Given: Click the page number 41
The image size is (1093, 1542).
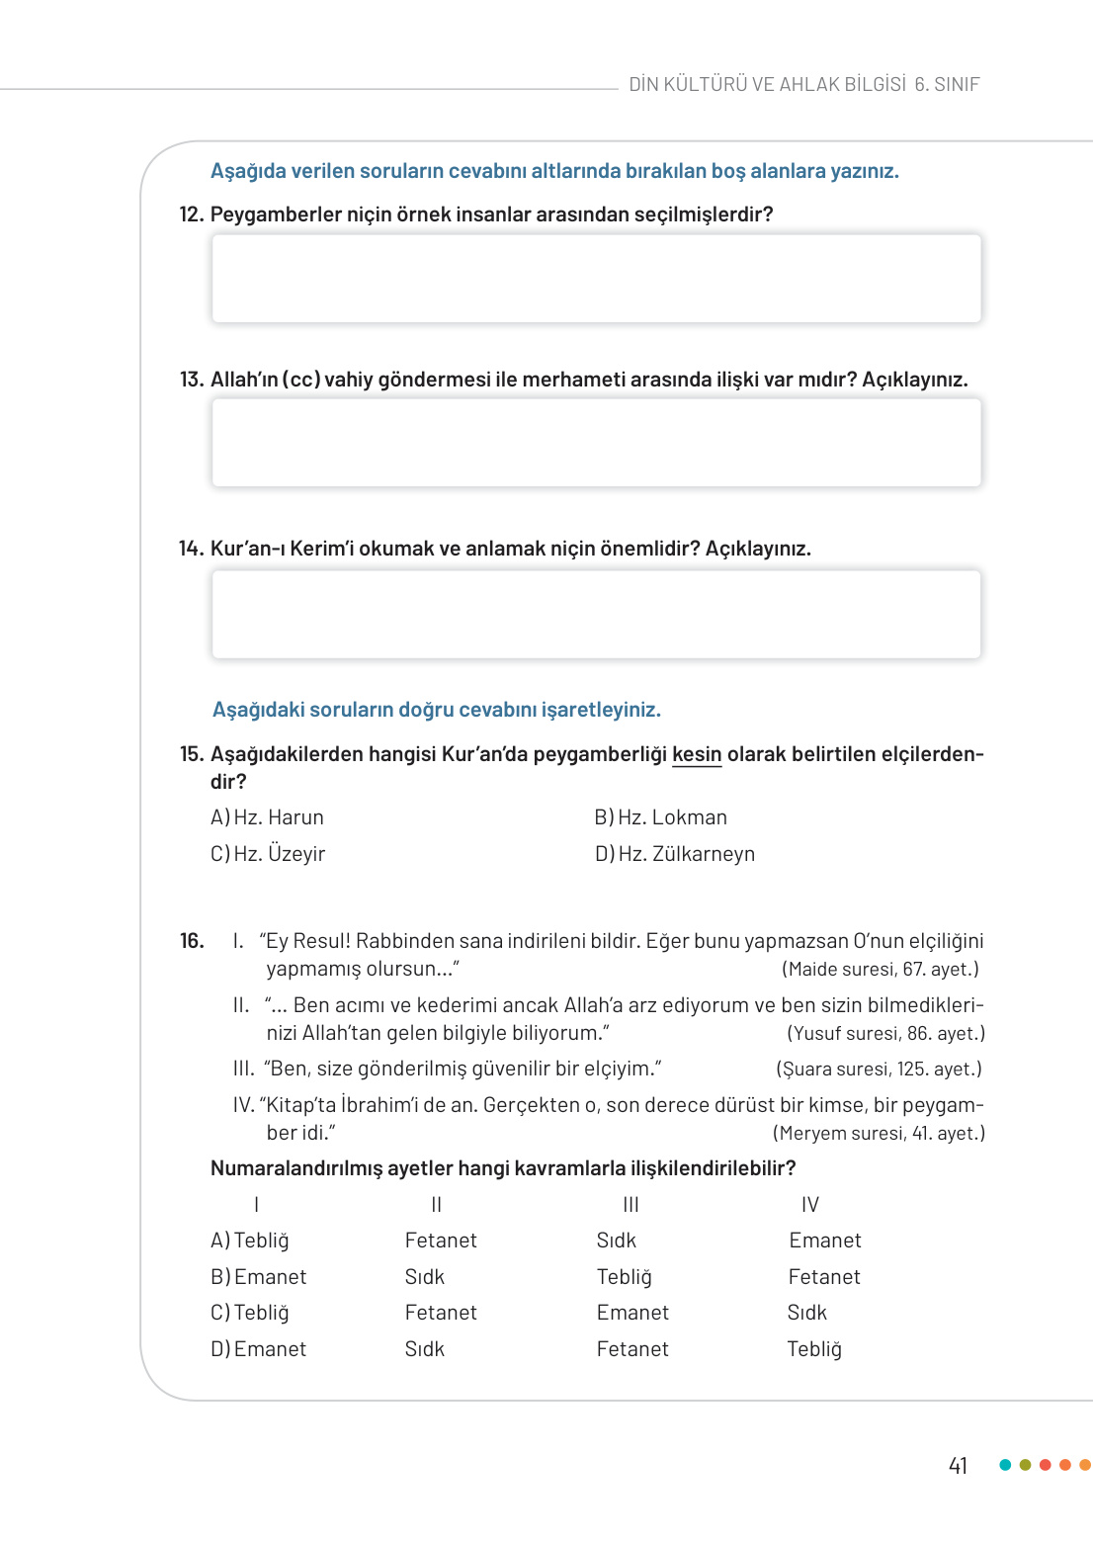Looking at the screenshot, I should [x=958, y=1466].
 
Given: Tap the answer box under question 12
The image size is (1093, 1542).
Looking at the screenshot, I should [x=596, y=279].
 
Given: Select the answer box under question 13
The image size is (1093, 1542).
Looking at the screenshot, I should [x=596, y=443].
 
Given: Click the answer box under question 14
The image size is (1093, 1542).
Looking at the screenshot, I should [x=596, y=614].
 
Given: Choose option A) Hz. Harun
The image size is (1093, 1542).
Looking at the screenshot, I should [x=267, y=817].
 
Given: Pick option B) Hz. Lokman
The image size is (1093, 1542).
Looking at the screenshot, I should [x=660, y=817].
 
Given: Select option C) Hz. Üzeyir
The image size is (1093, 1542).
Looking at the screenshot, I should [x=268, y=854].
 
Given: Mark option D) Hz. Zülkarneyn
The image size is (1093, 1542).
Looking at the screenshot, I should [x=674, y=854].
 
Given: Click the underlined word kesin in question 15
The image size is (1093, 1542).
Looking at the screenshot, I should [x=697, y=754].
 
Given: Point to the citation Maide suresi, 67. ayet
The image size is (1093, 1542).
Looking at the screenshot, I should [x=880, y=970].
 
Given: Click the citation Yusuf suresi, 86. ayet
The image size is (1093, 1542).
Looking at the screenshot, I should [x=885, y=1034].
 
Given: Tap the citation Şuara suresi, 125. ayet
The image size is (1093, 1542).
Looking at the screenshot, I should [x=879, y=1070].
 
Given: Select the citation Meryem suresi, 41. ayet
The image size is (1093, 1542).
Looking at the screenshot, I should [x=879, y=1134].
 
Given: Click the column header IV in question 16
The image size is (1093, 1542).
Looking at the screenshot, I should [x=810, y=1205].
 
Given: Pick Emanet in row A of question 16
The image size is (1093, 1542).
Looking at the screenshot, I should [x=825, y=1241].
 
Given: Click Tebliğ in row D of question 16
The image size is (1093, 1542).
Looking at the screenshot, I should [x=814, y=1349].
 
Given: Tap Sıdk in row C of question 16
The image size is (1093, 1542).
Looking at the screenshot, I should [x=806, y=1313].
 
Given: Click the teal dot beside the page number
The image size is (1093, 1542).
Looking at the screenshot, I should [x=1005, y=1465].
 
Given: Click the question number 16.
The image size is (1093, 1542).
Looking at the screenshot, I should [x=192, y=941].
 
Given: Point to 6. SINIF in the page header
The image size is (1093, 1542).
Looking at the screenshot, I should [x=947, y=85].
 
